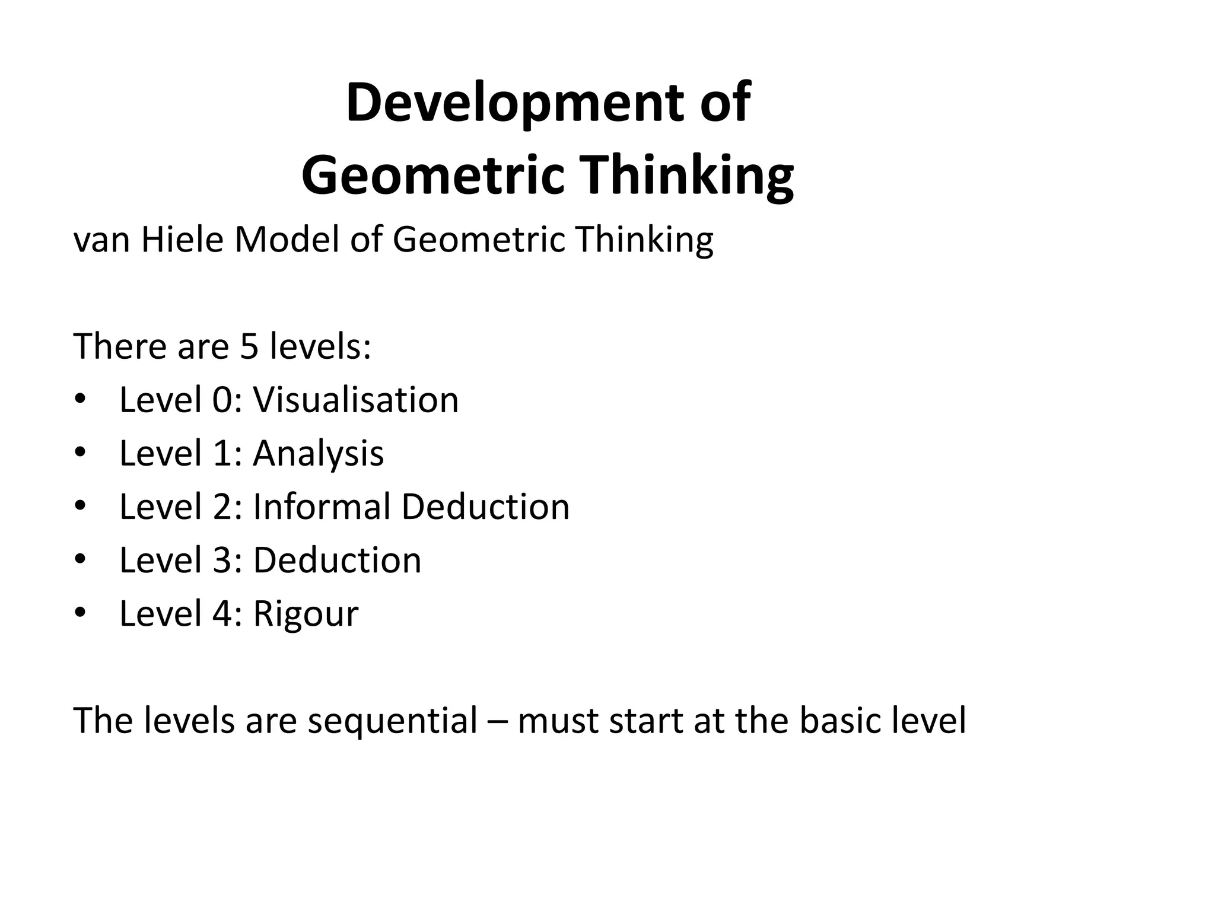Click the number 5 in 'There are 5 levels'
(x=249, y=346)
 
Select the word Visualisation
(x=356, y=400)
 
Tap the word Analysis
(x=319, y=454)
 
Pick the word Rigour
(x=306, y=614)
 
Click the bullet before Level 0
(x=81, y=399)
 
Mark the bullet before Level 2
(x=81, y=506)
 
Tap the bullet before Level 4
(x=81, y=613)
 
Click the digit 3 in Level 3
(x=222, y=560)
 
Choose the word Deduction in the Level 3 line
(x=337, y=560)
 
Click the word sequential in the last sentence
(x=392, y=721)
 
